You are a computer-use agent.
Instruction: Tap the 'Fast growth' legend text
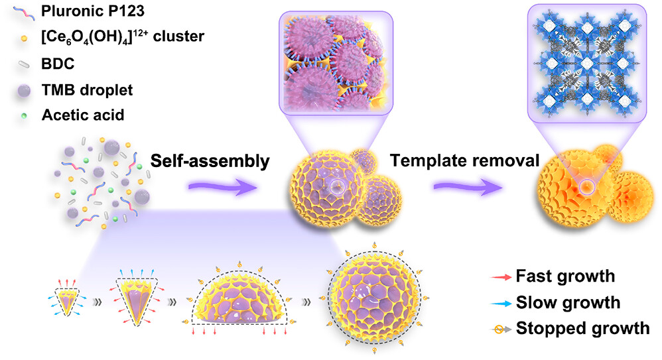(566, 276)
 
